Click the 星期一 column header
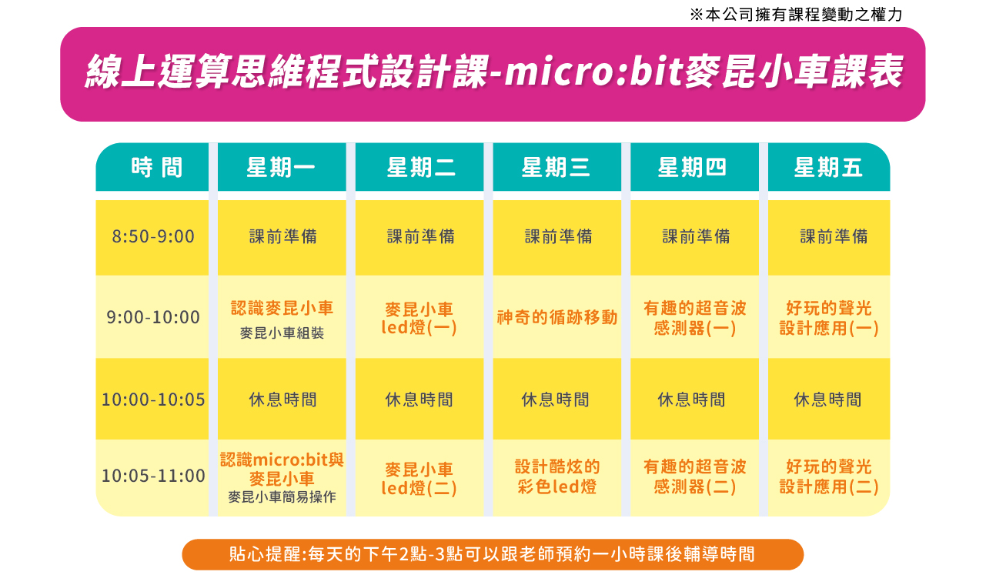(x=281, y=168)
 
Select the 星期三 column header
(x=556, y=168)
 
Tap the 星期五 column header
(x=828, y=168)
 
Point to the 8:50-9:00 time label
(x=152, y=237)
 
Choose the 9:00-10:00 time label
(x=152, y=317)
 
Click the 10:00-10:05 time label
(x=152, y=399)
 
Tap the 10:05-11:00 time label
(x=152, y=476)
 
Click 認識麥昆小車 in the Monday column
(x=282, y=308)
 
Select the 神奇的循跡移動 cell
(x=557, y=317)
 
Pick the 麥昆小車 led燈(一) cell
(x=419, y=318)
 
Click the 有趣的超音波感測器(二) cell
(x=694, y=476)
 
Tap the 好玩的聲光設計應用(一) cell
(x=829, y=318)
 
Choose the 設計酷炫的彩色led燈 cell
(x=557, y=476)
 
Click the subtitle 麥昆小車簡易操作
(x=282, y=497)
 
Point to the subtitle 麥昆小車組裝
(x=282, y=333)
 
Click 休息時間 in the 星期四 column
(x=691, y=399)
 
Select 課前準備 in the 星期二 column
(x=421, y=237)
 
